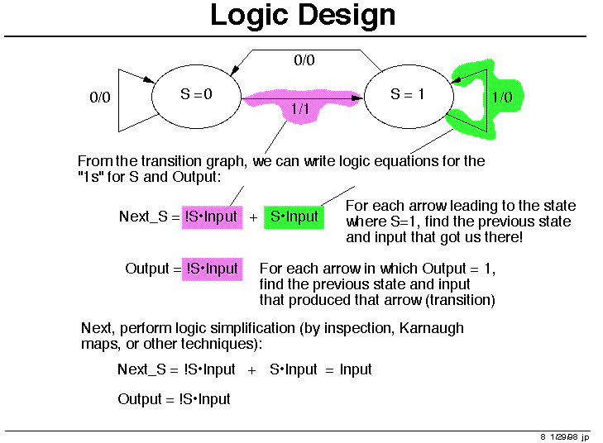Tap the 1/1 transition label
click(300, 109)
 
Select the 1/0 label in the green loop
click(502, 97)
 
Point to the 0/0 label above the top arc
click(304, 60)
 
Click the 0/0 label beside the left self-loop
click(100, 98)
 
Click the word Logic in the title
click(249, 17)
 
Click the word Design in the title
click(347, 17)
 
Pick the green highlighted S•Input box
click(294, 217)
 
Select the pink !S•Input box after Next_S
click(212, 217)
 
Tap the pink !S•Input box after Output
click(212, 269)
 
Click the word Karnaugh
click(432, 328)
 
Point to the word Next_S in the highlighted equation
click(143, 217)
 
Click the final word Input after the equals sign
click(356, 369)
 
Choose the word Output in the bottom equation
click(140, 399)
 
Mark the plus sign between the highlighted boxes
click(253, 218)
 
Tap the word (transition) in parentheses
click(461, 300)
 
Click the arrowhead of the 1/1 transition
click(357, 98)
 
